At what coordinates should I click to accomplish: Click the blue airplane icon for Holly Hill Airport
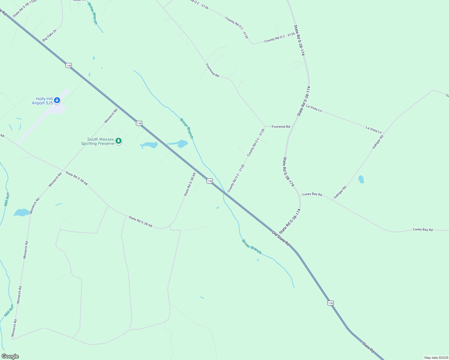[57, 100]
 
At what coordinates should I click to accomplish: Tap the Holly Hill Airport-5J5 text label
[42, 101]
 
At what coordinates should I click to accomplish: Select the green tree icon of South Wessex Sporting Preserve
[119, 140]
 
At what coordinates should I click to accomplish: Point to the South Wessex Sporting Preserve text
[98, 141]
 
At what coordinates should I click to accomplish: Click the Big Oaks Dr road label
[49, 35]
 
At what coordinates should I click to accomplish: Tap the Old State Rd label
[281, 238]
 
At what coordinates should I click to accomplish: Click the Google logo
[10, 356]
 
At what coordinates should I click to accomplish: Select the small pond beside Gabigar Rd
[361, 179]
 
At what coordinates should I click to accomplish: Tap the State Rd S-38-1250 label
[25, 8]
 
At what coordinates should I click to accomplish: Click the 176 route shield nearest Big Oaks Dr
[69, 65]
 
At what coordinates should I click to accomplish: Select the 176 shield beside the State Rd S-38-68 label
[209, 181]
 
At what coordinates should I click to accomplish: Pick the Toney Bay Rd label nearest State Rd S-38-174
[312, 194]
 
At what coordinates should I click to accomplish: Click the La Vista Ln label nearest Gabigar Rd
[373, 130]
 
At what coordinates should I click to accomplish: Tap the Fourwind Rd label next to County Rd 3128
[281, 127]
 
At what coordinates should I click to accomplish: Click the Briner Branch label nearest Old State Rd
[252, 247]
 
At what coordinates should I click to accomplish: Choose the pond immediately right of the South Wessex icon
[149, 145]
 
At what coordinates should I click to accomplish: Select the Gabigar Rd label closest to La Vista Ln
[378, 142]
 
